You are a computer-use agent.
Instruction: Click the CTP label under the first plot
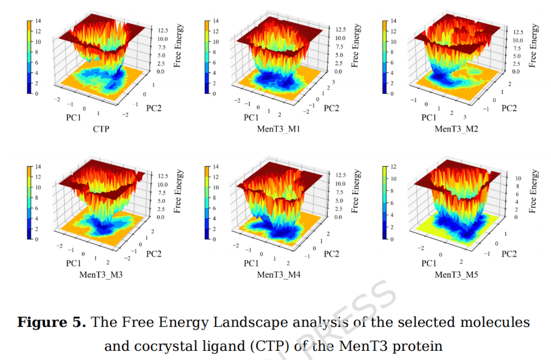point(101,129)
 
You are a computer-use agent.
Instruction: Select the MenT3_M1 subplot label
point(278,129)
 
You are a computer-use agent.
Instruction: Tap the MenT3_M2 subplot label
point(456,129)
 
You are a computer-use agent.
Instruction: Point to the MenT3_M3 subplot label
point(101,275)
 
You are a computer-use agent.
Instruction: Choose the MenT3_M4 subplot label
point(278,275)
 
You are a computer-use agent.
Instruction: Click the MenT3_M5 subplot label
point(456,275)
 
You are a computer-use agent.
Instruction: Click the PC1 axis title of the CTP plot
point(73,117)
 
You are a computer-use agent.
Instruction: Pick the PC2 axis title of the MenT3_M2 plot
point(508,108)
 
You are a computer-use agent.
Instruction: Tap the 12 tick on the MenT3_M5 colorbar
point(393,167)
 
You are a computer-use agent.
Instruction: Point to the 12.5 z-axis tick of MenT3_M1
point(340,30)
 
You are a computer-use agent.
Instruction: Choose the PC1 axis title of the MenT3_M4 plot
point(251,263)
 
